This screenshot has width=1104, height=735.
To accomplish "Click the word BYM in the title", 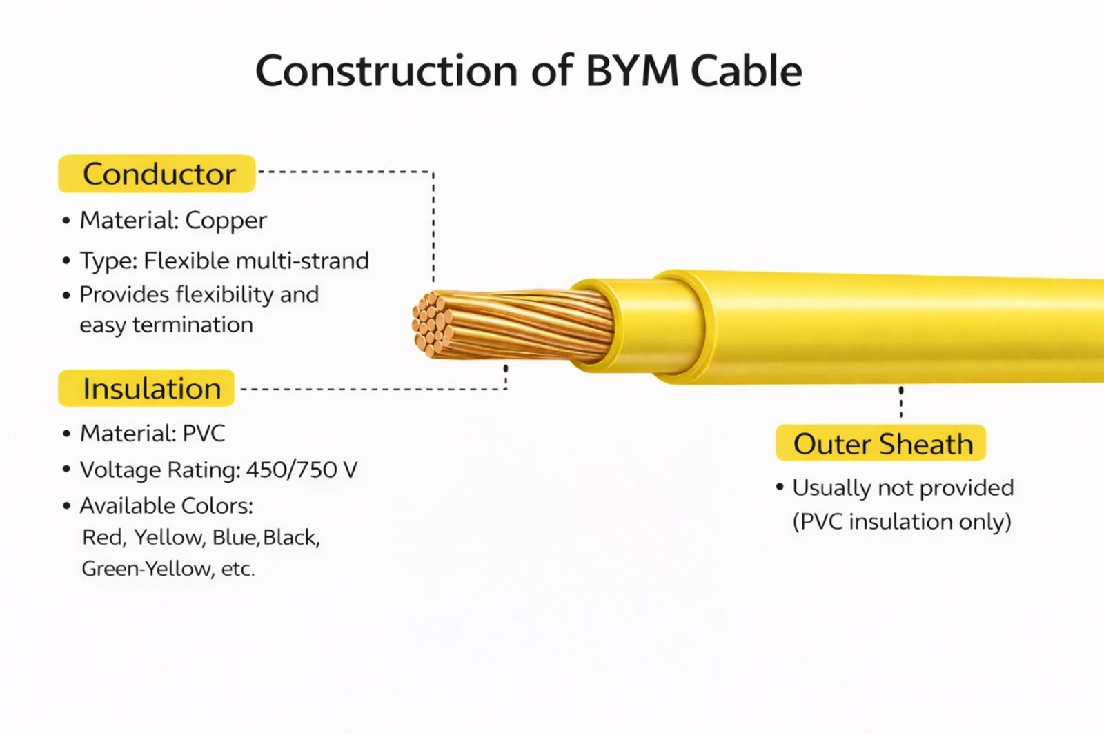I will coord(632,71).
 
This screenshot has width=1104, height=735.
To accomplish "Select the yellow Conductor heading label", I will coord(157,174).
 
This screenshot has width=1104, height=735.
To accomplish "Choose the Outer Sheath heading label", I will coord(881,444).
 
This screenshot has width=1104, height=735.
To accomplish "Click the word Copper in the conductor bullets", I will coord(226,221).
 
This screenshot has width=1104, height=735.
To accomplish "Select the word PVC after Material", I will coord(204,433).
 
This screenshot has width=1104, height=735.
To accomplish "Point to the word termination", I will coord(193,325).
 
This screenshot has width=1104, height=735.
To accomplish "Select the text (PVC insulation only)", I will coord(902,521).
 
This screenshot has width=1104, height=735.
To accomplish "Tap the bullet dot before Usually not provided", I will coord(780,487).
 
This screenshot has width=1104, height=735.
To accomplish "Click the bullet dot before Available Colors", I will coord(66,506).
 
